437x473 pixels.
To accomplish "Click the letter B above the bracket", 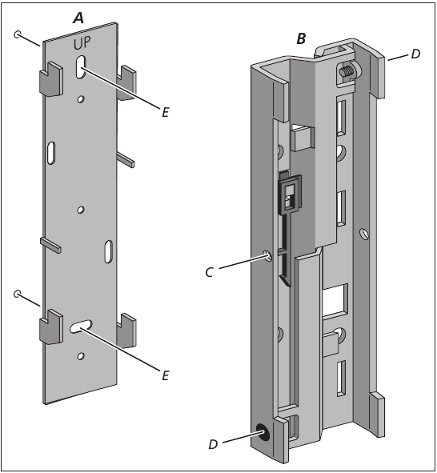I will click(x=301, y=38).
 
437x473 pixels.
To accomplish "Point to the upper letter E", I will click(x=165, y=113).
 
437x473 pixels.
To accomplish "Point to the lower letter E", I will click(x=165, y=374).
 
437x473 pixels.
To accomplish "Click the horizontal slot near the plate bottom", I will click(x=81, y=326).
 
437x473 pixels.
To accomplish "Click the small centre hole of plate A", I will click(x=80, y=210).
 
